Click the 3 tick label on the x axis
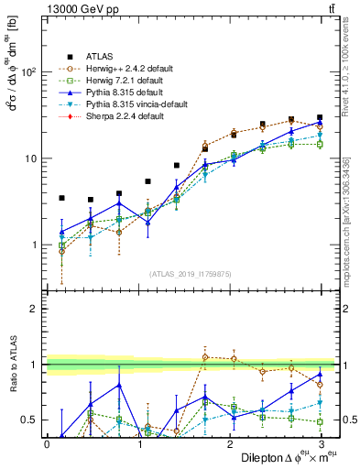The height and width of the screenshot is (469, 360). tap(322, 443)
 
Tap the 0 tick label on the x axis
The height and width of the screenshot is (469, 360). tap(47, 443)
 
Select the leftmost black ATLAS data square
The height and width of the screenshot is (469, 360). tap(61, 198)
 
